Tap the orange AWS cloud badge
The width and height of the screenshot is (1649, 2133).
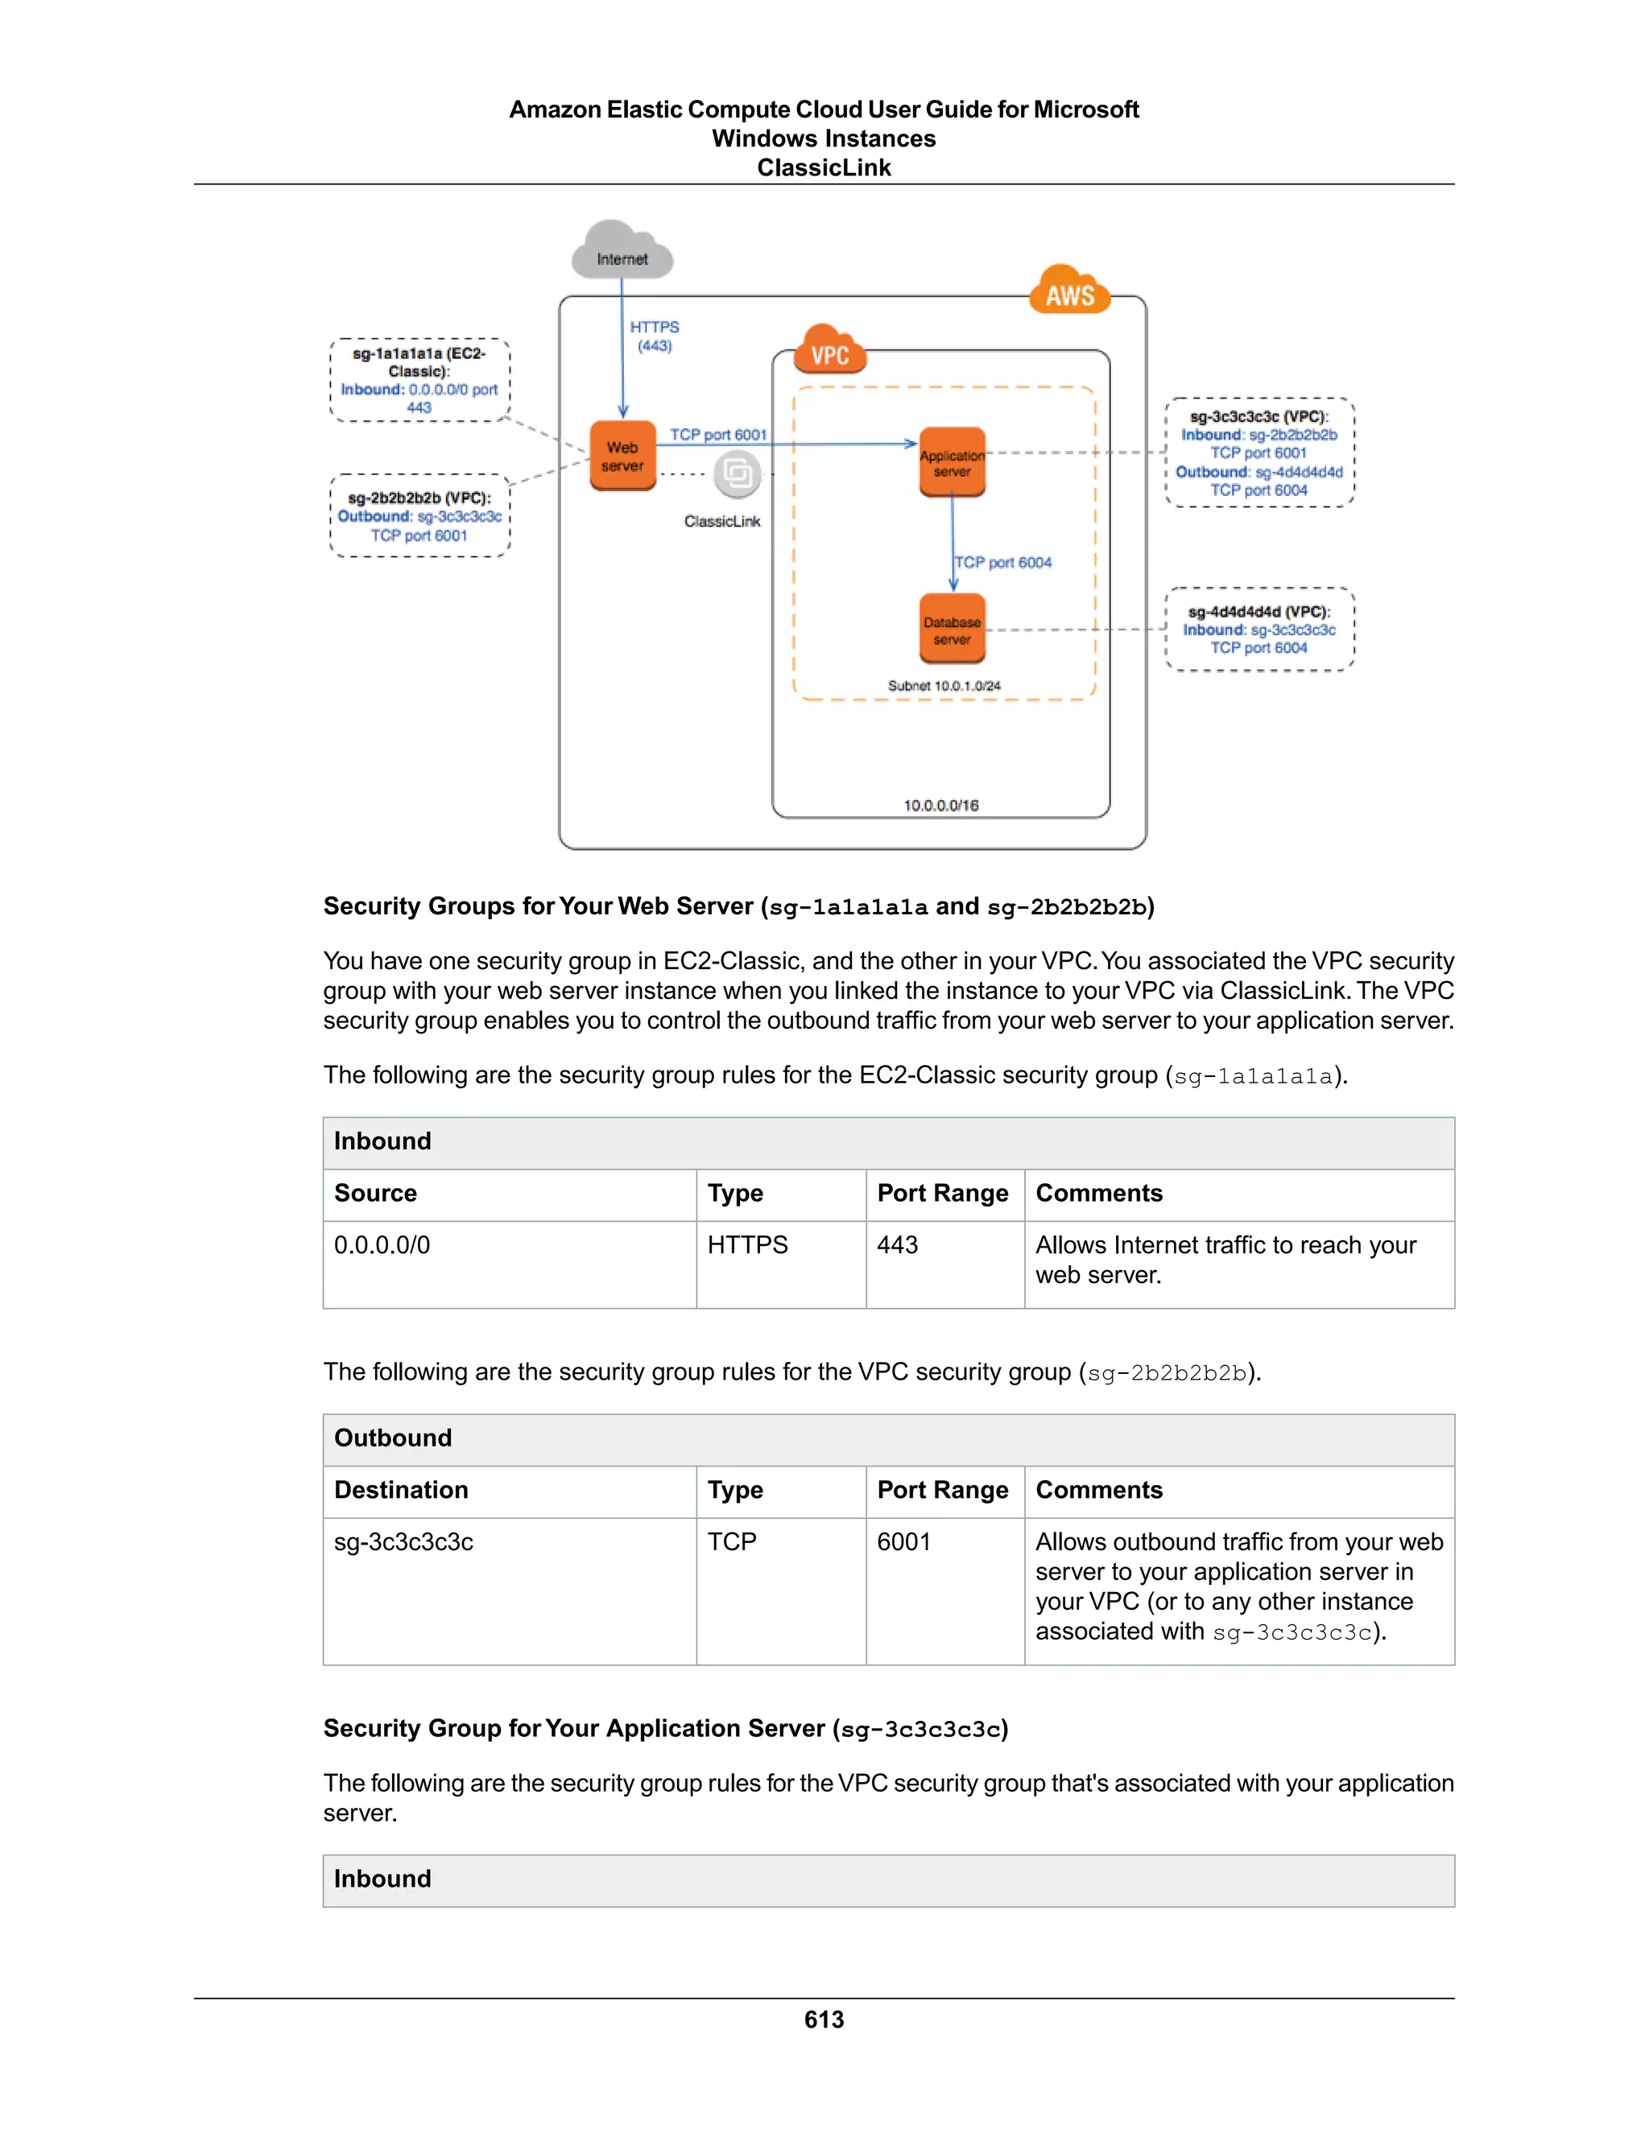(x=1070, y=292)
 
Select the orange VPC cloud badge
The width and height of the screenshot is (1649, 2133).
(x=830, y=353)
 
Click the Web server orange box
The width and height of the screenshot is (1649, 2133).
(x=622, y=455)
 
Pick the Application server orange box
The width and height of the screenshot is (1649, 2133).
(x=952, y=462)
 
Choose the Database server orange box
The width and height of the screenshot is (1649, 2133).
(x=952, y=629)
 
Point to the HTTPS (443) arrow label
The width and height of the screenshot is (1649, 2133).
(x=655, y=336)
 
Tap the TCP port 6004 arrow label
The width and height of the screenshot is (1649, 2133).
(x=1003, y=563)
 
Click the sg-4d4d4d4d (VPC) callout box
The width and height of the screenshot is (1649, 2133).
(x=1259, y=629)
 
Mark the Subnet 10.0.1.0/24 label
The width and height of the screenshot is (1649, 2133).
(x=944, y=686)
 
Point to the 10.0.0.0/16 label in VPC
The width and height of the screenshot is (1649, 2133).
(x=940, y=805)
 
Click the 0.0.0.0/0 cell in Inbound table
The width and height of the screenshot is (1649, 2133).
(x=382, y=1245)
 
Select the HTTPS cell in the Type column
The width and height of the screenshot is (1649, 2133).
(x=747, y=1245)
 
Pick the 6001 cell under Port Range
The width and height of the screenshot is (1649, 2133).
(x=903, y=1542)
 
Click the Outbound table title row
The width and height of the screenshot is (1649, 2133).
(x=887, y=1438)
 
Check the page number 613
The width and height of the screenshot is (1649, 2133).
(x=824, y=2019)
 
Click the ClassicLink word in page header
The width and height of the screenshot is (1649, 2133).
(x=824, y=168)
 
